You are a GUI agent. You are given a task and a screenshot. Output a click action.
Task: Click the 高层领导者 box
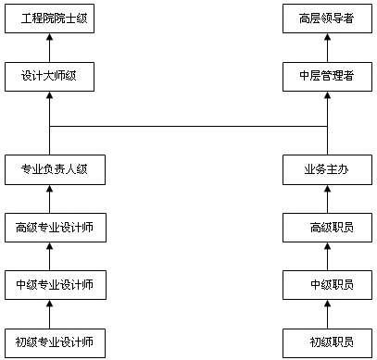[327, 19]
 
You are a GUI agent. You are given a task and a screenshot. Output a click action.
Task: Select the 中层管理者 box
[327, 76]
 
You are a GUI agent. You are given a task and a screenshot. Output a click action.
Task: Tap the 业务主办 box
[327, 169]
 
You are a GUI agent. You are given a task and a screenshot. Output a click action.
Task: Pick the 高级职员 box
[327, 227]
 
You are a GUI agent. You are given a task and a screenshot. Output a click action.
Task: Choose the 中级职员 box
[327, 284]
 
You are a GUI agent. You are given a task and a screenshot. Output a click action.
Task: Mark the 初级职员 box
[327, 341]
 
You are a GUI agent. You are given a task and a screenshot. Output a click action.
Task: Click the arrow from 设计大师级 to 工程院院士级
[50, 47]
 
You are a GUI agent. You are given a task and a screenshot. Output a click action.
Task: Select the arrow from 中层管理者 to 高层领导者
[327, 47]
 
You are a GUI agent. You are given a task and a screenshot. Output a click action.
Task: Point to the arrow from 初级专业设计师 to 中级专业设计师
[50, 313]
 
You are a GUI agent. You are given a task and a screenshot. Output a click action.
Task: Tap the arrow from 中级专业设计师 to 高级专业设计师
[50, 255]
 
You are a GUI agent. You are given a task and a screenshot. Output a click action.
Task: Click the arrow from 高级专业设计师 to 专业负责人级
[50, 198]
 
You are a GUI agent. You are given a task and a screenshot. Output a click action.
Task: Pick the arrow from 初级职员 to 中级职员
[327, 313]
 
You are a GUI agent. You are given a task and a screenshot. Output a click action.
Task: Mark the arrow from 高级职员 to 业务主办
[327, 198]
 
